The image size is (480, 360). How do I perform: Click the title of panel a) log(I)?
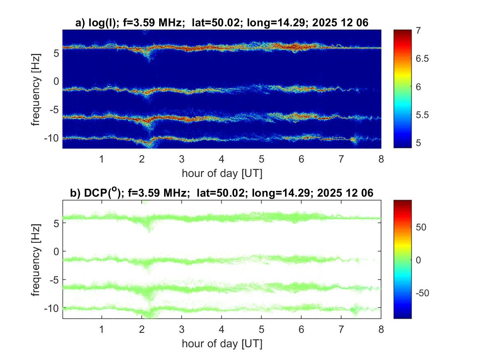click(222, 23)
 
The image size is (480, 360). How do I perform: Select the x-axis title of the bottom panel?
click(222, 343)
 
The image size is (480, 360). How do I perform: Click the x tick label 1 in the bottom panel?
click(102, 329)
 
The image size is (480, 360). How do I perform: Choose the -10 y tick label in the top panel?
click(52, 137)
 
